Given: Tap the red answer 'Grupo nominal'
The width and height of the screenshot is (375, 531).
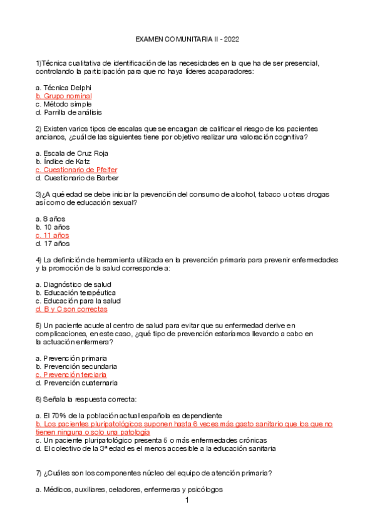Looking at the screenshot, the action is point(64,96).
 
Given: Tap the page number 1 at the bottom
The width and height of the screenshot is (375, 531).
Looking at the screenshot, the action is point(187,501).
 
